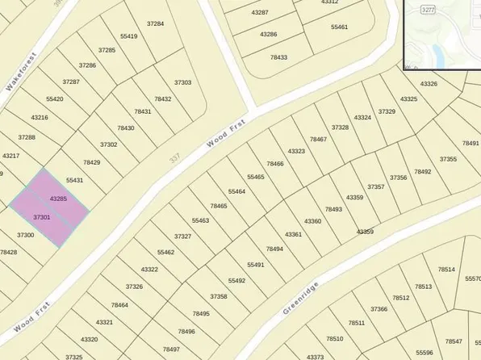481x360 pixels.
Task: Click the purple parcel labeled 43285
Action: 58,198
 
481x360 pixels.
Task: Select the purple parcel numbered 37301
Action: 42,217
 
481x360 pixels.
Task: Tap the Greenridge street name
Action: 302,298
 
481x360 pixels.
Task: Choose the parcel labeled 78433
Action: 278,57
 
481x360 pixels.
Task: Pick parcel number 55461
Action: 339,27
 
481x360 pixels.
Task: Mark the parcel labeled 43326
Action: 429,83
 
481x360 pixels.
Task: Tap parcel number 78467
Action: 318,139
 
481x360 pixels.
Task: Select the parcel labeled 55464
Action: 236,191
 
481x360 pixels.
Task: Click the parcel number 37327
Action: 182,237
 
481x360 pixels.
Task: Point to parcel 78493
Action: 333,209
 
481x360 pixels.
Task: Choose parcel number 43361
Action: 293,234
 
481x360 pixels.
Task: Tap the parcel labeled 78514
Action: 446,269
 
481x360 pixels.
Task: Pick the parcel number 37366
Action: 379,308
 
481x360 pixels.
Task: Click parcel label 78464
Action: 119,304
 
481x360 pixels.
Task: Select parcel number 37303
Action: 183,82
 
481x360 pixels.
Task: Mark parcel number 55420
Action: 54,99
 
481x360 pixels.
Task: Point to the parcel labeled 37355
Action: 448,159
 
